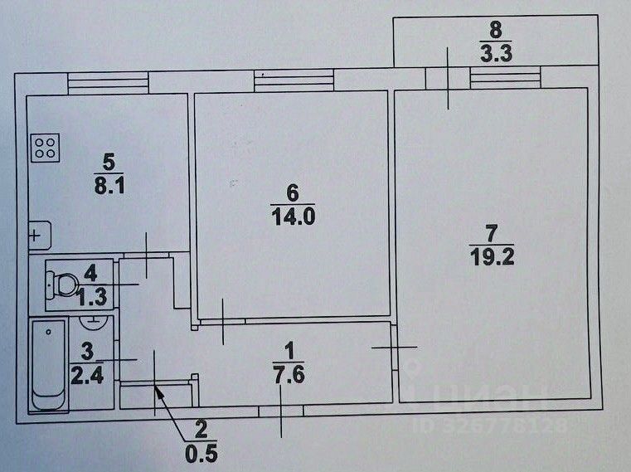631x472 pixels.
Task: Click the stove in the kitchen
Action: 45,148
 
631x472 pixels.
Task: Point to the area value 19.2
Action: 491,256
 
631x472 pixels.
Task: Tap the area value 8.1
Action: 108,186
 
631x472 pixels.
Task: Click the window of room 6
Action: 294,80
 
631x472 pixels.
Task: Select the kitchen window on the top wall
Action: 108,82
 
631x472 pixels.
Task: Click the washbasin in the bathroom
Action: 94,319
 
